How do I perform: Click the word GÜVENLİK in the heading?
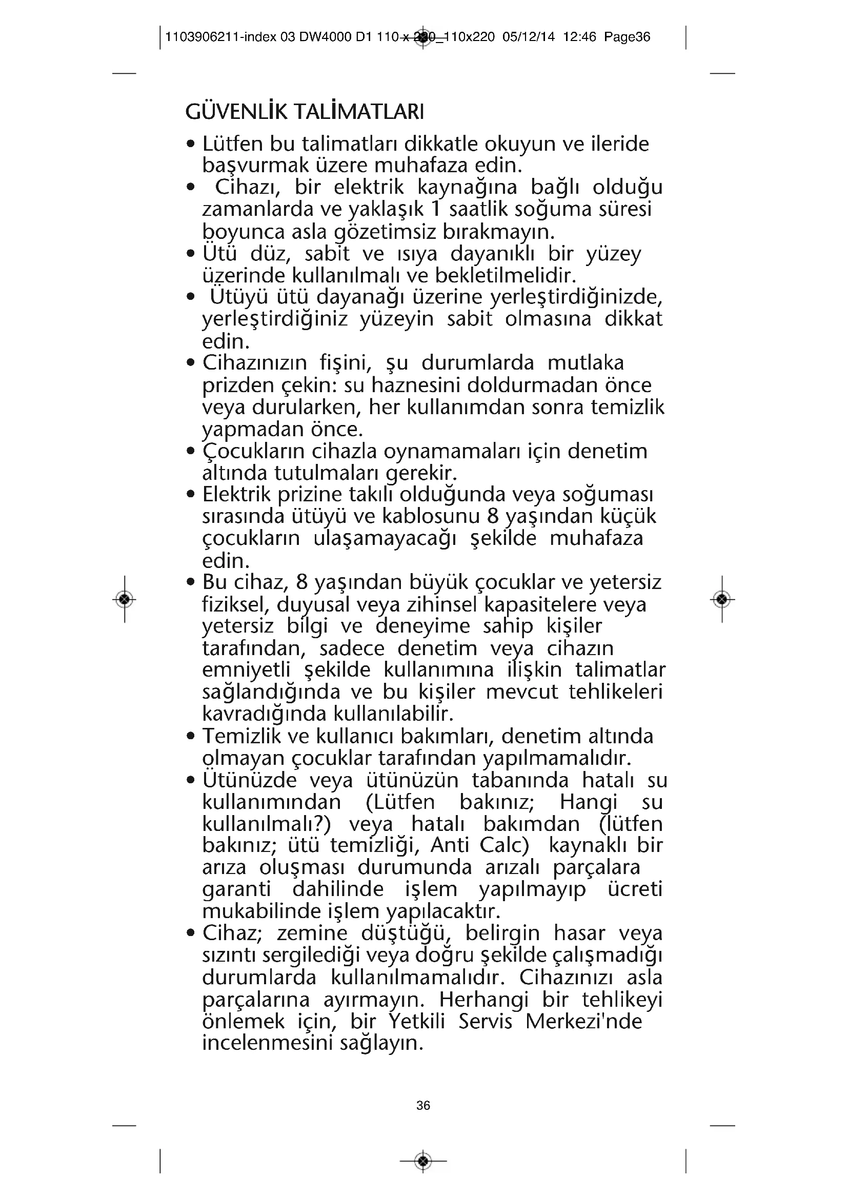236,112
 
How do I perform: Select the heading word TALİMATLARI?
359,112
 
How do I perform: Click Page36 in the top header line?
627,37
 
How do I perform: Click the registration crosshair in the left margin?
124,599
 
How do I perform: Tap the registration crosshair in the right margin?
722,599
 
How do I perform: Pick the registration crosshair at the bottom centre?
423,1162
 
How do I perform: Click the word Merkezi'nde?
583,1022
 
